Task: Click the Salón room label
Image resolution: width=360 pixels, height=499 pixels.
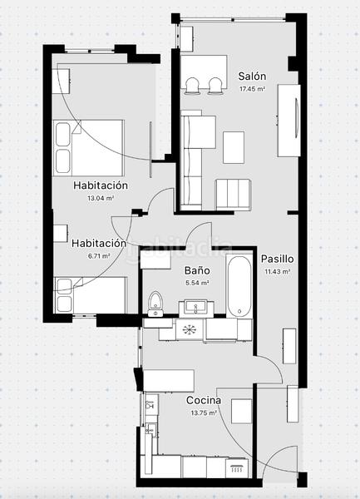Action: tap(251, 75)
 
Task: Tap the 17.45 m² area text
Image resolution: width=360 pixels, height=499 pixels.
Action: tap(251, 88)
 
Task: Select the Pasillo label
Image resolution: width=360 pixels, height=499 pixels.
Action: tap(276, 259)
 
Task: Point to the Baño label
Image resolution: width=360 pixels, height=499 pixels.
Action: tap(196, 271)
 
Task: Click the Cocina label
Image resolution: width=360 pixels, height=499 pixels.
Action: tap(203, 400)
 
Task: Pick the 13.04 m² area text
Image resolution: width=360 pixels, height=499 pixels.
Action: tap(100, 199)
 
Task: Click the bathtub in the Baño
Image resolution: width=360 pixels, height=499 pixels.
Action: tap(239, 286)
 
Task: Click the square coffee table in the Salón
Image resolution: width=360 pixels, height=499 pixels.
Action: tap(234, 146)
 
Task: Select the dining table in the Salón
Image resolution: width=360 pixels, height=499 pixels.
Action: tap(204, 66)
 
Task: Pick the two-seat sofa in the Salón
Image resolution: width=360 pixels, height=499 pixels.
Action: tap(233, 195)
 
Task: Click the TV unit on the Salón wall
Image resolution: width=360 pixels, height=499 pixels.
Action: tap(291, 119)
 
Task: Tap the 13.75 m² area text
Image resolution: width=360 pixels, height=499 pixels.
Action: tap(203, 413)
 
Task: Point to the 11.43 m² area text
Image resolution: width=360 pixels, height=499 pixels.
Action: tap(276, 271)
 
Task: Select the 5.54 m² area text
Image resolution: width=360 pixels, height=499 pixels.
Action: tap(196, 283)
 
